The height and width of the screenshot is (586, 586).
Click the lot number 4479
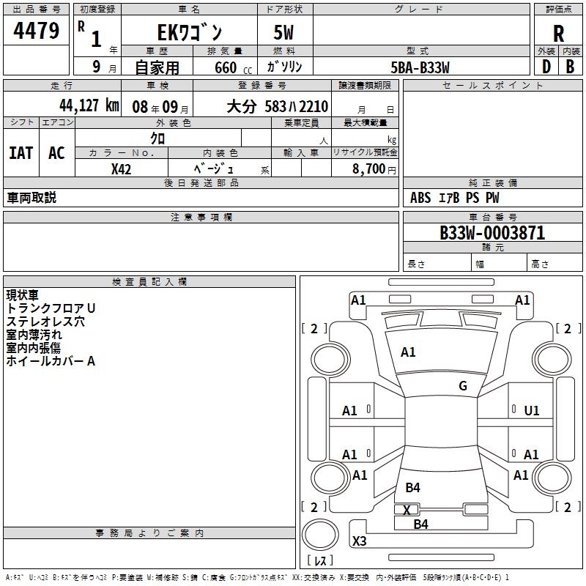coord(36,31)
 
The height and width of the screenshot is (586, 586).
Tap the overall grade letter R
coord(558,33)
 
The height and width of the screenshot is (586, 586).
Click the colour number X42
coord(122,169)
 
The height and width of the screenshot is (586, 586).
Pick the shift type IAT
coord(21,153)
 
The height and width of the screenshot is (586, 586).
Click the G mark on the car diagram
coord(463,386)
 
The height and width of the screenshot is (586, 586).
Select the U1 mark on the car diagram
coord(532,411)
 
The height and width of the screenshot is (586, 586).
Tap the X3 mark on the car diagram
coord(360,541)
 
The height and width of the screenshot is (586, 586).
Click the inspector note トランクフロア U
coord(51,308)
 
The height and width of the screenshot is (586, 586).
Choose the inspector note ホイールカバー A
coord(51,361)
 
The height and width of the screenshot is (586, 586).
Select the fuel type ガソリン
coord(285,67)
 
